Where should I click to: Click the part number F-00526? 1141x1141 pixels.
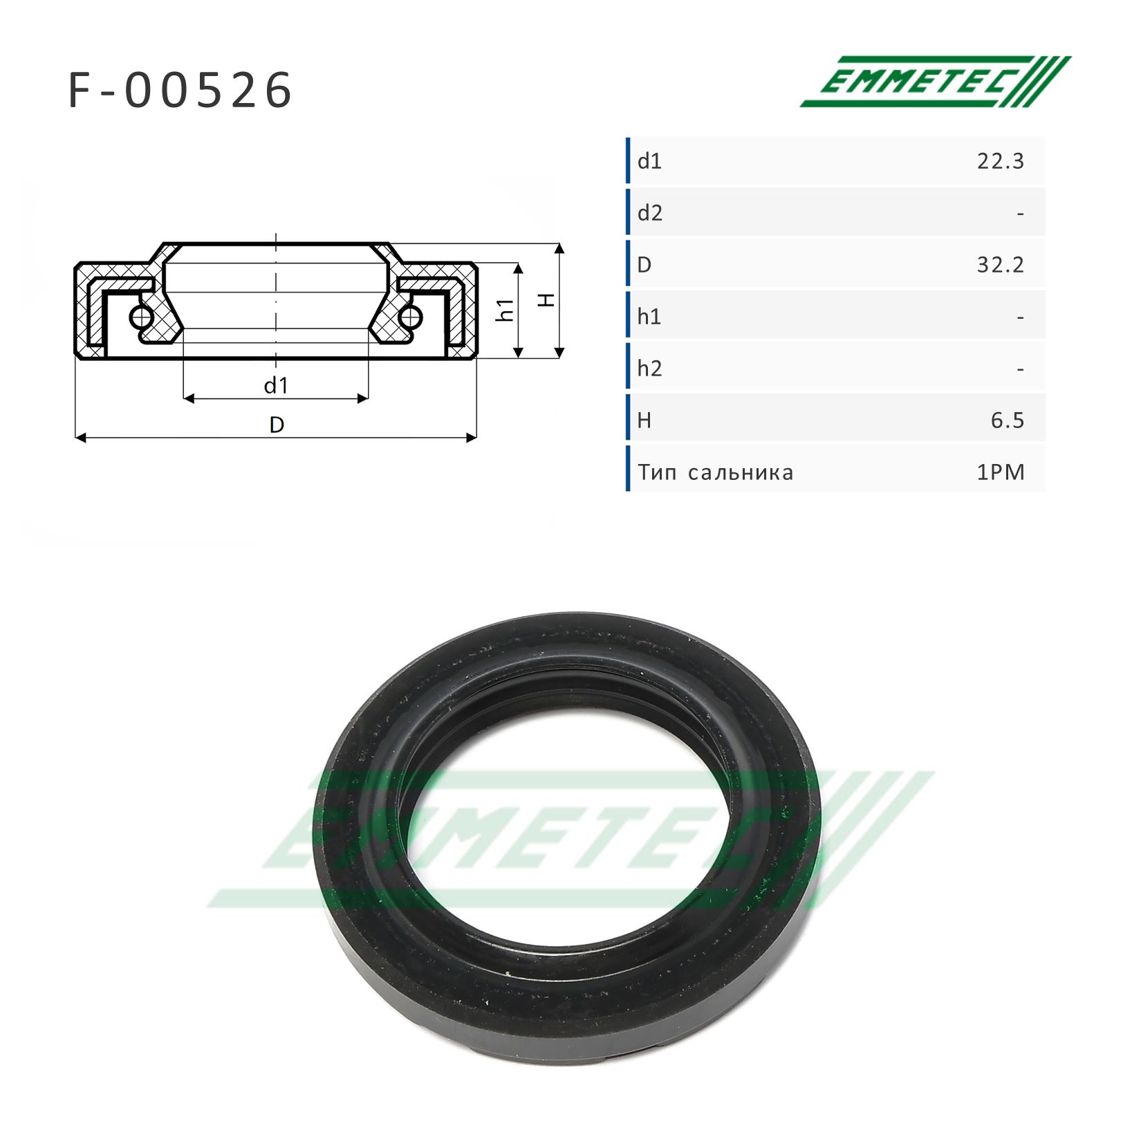coord(180,91)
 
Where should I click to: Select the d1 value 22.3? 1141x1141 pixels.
coord(1000,161)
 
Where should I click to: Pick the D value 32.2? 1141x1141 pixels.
coord(1000,265)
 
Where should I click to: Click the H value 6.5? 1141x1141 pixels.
coord(1007,420)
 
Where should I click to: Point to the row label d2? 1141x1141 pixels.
coord(650,213)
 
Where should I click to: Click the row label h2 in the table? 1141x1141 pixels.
coord(650,369)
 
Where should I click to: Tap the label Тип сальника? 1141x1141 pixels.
coord(716,473)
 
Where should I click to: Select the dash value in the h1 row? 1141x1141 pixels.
coord(1021,317)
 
